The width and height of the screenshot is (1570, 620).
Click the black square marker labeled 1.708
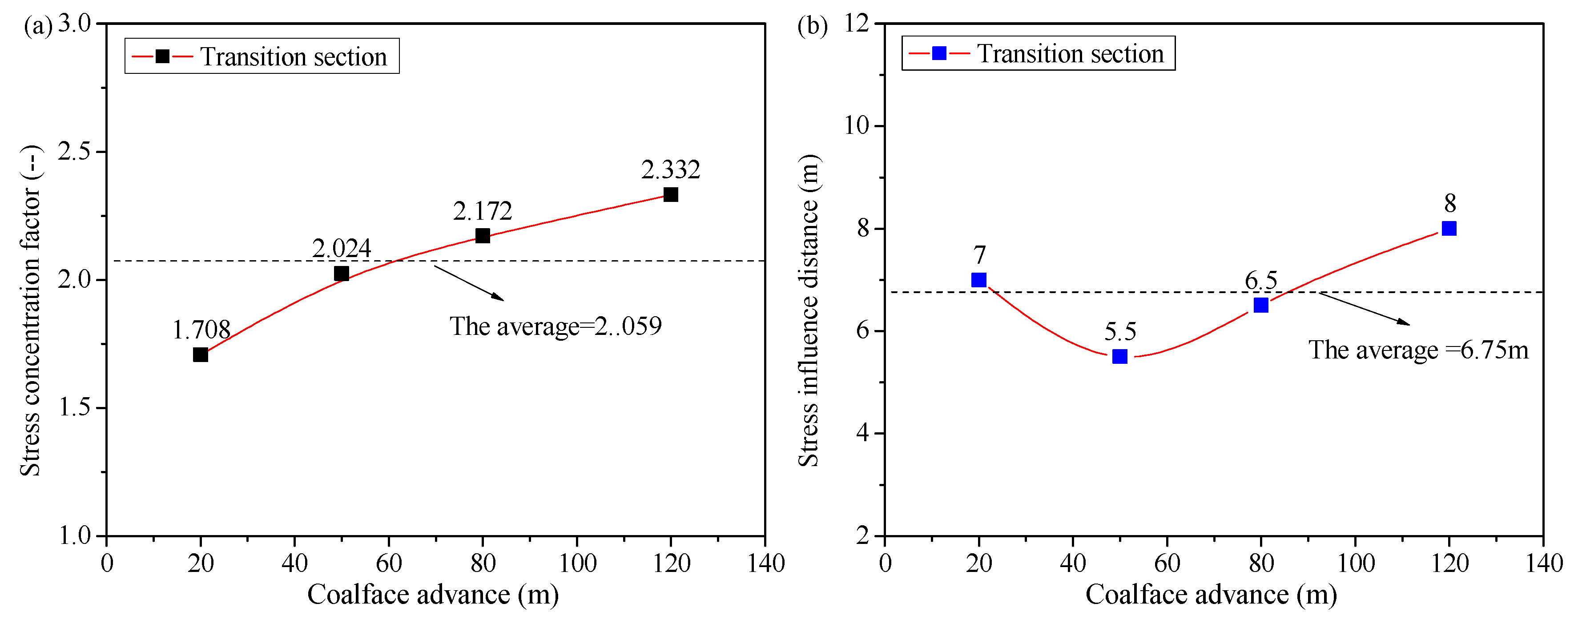(201, 354)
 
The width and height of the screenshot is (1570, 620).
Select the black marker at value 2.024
(341, 273)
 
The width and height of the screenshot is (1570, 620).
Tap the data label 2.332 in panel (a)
(670, 169)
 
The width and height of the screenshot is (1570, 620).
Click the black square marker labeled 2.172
(482, 235)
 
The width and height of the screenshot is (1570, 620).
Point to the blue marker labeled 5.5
(1119, 356)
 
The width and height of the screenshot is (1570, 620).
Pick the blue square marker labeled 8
(1449, 228)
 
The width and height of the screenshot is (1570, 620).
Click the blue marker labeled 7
(979, 279)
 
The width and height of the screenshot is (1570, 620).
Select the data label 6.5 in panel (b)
(1260, 281)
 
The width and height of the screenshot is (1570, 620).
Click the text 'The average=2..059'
(555, 326)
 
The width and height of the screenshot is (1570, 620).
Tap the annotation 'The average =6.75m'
(1418, 350)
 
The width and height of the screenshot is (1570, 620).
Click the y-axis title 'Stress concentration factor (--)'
(31, 310)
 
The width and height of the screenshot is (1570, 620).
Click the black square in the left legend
(162, 56)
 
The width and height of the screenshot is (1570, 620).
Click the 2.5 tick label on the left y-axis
(74, 151)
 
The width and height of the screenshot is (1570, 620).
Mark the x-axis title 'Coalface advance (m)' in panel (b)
(1211, 594)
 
